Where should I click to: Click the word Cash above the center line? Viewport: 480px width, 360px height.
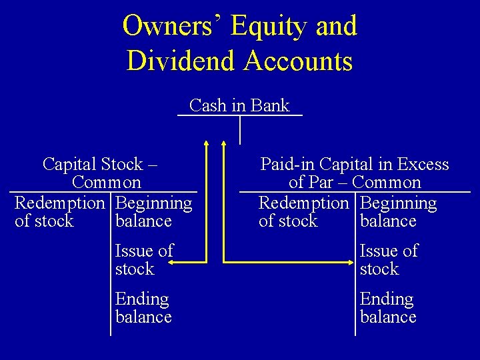(x=207, y=105)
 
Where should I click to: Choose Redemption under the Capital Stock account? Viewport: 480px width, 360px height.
(x=60, y=203)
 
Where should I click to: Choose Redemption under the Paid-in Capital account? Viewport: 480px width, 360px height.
(x=304, y=203)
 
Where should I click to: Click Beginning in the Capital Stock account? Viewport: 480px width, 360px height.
(x=153, y=203)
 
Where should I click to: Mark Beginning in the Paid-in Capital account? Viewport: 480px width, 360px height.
(x=398, y=203)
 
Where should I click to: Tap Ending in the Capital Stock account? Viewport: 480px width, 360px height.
(x=142, y=299)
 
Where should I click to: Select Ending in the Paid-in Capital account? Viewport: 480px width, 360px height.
(x=387, y=299)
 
